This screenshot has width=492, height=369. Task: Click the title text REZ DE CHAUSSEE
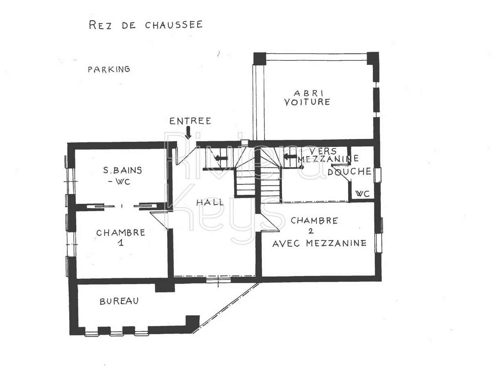(x=146, y=25)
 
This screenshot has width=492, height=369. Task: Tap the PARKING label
(x=109, y=69)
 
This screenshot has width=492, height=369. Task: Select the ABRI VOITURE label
(x=307, y=97)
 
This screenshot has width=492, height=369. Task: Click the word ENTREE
(x=190, y=121)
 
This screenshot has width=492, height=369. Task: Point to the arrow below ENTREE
(x=188, y=132)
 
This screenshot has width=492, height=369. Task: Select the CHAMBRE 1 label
(x=121, y=237)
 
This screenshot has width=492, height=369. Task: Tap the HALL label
(x=210, y=202)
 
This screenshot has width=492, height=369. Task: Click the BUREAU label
(x=119, y=301)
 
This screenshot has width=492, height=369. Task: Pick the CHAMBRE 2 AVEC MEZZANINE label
(x=319, y=232)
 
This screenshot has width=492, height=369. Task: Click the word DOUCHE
(x=349, y=171)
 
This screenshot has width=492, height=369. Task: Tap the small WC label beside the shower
(x=362, y=194)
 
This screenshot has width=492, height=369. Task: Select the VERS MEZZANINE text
(x=328, y=155)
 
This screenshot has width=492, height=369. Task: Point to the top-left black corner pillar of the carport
(x=260, y=59)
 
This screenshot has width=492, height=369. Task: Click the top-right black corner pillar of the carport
(x=373, y=57)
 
